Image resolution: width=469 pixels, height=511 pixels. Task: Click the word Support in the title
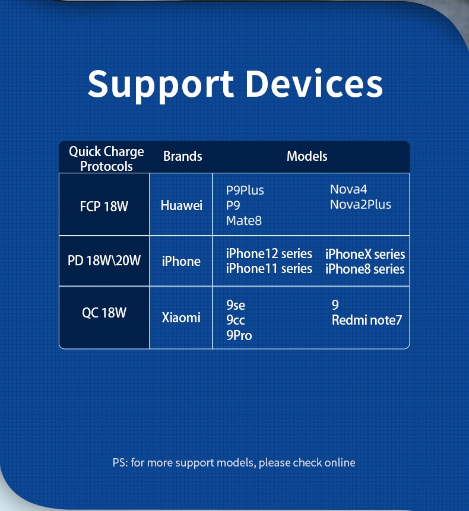(x=161, y=85)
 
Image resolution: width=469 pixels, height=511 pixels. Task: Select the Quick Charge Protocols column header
(x=106, y=158)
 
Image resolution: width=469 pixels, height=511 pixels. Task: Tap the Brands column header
(x=182, y=156)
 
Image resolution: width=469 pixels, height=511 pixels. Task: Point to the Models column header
(x=307, y=156)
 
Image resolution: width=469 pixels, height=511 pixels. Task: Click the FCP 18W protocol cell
(x=104, y=207)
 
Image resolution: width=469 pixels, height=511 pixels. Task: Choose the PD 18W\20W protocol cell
(x=104, y=261)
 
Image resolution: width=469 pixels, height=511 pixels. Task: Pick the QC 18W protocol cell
(x=104, y=313)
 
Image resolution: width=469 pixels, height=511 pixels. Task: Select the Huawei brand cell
(x=182, y=205)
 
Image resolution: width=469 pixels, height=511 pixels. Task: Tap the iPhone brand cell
(x=181, y=261)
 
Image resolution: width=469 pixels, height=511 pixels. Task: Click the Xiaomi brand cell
(x=181, y=318)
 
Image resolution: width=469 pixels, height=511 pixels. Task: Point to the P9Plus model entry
(x=245, y=190)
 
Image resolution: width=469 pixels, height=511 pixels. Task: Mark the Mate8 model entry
(x=244, y=221)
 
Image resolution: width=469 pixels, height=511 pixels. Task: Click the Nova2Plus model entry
(x=360, y=204)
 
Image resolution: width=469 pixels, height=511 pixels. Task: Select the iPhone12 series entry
(x=269, y=253)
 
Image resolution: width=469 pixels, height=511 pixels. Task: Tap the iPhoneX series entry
(x=365, y=254)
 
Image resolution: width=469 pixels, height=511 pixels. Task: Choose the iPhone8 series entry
(x=365, y=269)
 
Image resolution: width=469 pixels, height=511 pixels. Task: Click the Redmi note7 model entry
(x=367, y=320)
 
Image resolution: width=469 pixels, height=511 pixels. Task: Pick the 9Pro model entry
(x=239, y=335)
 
